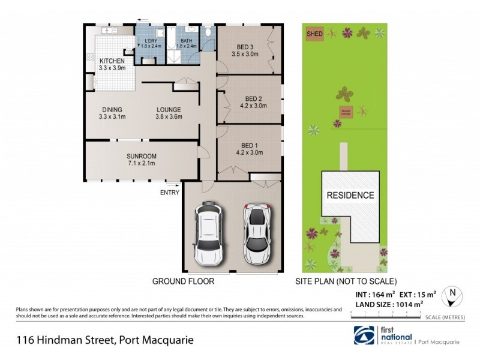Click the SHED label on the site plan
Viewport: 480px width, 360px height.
[314, 34]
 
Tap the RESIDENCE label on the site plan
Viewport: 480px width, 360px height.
[350, 195]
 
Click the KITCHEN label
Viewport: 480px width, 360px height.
[112, 61]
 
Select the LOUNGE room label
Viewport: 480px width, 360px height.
[169, 109]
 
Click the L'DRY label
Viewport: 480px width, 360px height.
[150, 41]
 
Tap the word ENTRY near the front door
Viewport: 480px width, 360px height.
[170, 193]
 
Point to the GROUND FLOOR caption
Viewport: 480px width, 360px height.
[183, 281]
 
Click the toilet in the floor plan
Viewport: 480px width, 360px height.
[207, 32]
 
